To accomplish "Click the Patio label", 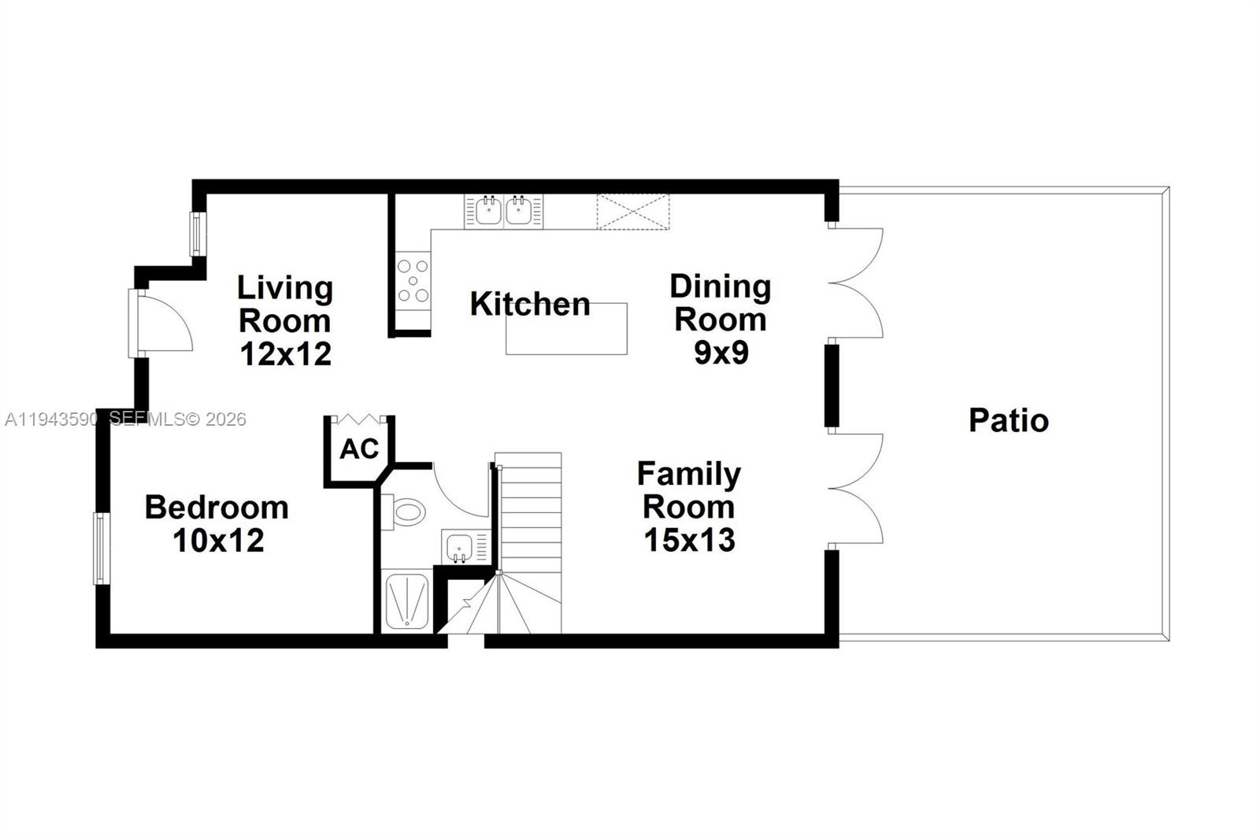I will pyautogui.click(x=1008, y=420).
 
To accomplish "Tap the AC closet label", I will pyautogui.click(x=359, y=449).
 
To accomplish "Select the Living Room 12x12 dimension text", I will pyautogui.click(x=285, y=354).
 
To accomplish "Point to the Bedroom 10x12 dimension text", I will pyautogui.click(x=218, y=541).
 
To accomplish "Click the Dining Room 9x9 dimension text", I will pyautogui.click(x=721, y=353).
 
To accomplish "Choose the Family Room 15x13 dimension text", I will pyautogui.click(x=689, y=540).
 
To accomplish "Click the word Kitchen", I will pyautogui.click(x=529, y=304).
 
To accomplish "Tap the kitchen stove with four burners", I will pyautogui.click(x=413, y=280).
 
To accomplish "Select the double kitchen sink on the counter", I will pyautogui.click(x=503, y=211).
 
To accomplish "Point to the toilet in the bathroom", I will pyautogui.click(x=404, y=512).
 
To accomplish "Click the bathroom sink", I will pyautogui.click(x=459, y=546).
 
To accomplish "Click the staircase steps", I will pyautogui.click(x=529, y=519).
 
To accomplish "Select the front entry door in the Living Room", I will pyautogui.click(x=161, y=323).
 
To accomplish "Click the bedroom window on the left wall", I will pyautogui.click(x=100, y=549).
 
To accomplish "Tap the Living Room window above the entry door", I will pyautogui.click(x=198, y=234).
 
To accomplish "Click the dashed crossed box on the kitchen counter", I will pyautogui.click(x=632, y=212).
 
